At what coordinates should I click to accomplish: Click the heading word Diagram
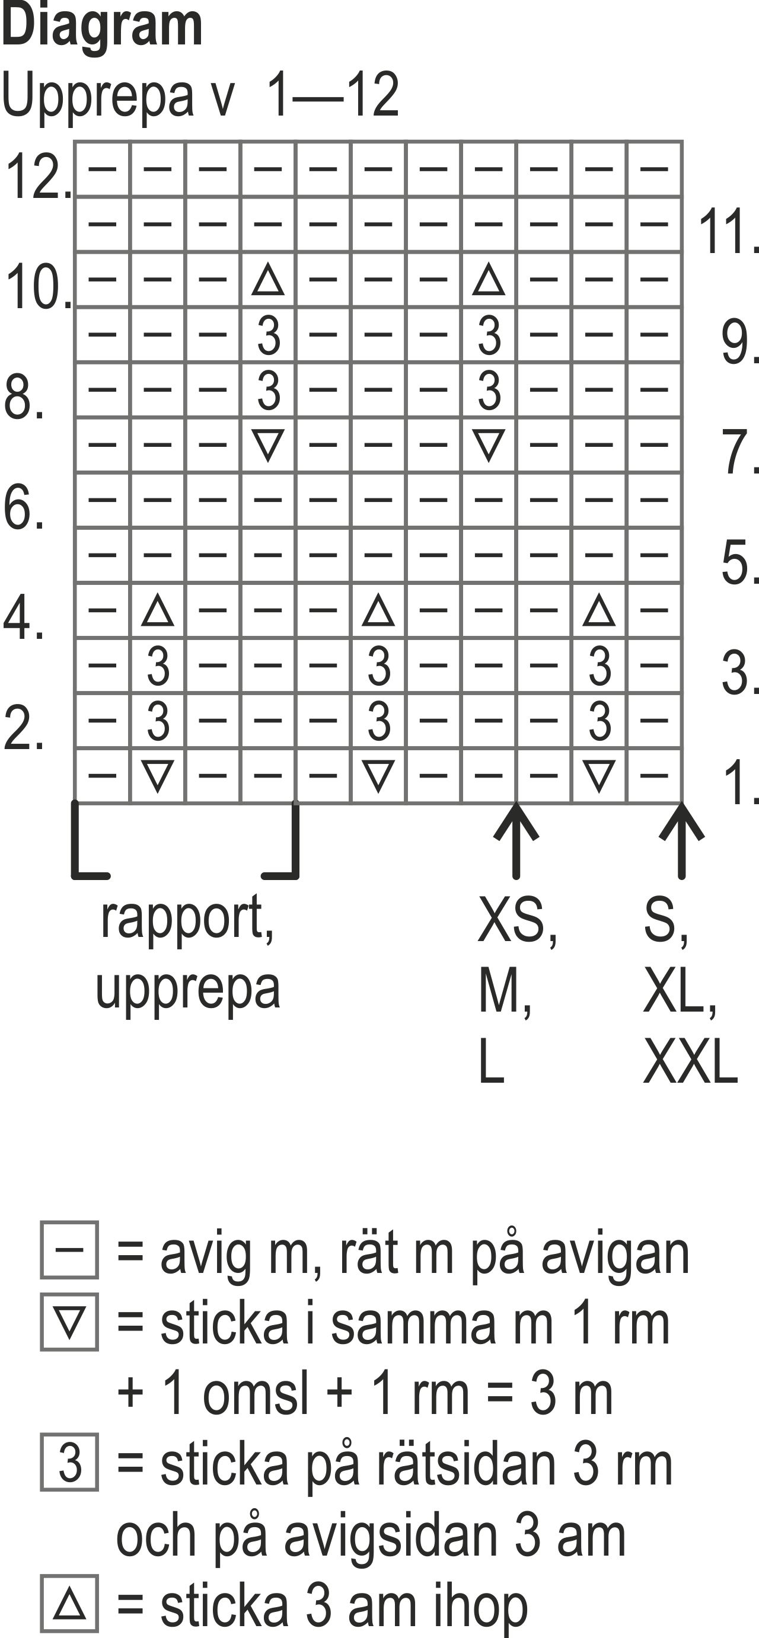[102, 27]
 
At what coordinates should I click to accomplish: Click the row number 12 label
[37, 176]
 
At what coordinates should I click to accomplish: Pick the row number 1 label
[741, 783]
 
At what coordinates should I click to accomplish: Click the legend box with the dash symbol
[69, 1249]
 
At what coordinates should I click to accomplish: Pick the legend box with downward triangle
[69, 1322]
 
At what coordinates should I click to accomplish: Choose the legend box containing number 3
[69, 1462]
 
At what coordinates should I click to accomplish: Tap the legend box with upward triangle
[69, 1603]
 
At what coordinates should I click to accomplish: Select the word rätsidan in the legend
[468, 1464]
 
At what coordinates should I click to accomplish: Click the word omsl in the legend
[255, 1393]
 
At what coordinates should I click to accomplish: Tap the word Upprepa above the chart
[97, 95]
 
